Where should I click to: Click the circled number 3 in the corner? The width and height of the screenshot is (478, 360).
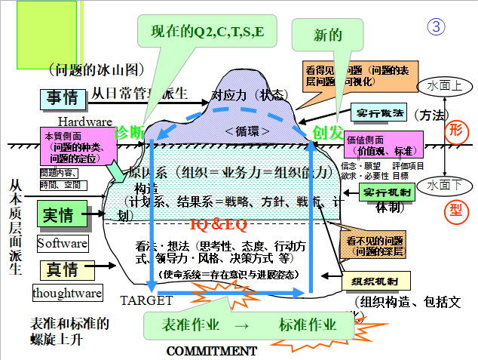click(437, 26)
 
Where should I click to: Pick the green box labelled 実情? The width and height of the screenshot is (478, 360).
click(59, 216)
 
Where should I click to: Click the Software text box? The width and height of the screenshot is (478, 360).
click(62, 244)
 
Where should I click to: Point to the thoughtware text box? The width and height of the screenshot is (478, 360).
click(63, 293)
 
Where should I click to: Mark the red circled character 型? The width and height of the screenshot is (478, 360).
click(456, 209)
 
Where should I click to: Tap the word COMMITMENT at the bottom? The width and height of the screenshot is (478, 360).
click(211, 351)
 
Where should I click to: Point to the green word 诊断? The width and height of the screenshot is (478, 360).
click(129, 131)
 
